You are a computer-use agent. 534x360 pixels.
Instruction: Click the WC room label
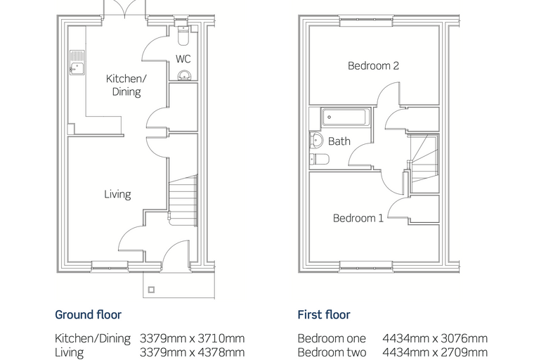pos(183,59)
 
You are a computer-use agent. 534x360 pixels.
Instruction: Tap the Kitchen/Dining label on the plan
pos(126,85)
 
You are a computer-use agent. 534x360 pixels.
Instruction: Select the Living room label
pos(117,194)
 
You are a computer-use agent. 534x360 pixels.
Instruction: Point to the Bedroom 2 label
pos(373,65)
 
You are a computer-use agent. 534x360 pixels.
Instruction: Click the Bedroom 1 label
pos(358,218)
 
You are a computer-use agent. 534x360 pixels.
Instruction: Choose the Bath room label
pos(339,141)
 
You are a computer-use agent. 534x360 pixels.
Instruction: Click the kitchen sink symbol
pos(77,63)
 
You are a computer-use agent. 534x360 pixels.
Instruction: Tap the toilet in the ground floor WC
pos(183,35)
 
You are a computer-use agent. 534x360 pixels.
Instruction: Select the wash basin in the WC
pos(185,75)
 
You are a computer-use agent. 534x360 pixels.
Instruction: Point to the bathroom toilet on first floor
pos(320,159)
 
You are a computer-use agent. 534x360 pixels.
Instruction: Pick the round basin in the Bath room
pos(316,140)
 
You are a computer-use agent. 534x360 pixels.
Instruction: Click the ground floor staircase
pos(183,200)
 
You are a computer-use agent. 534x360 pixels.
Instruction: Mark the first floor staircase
pos(424,164)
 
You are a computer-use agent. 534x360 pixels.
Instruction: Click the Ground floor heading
pos(89,315)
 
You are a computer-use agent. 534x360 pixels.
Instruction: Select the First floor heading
pos(324,315)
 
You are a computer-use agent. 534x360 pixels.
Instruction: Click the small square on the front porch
pos(152,290)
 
